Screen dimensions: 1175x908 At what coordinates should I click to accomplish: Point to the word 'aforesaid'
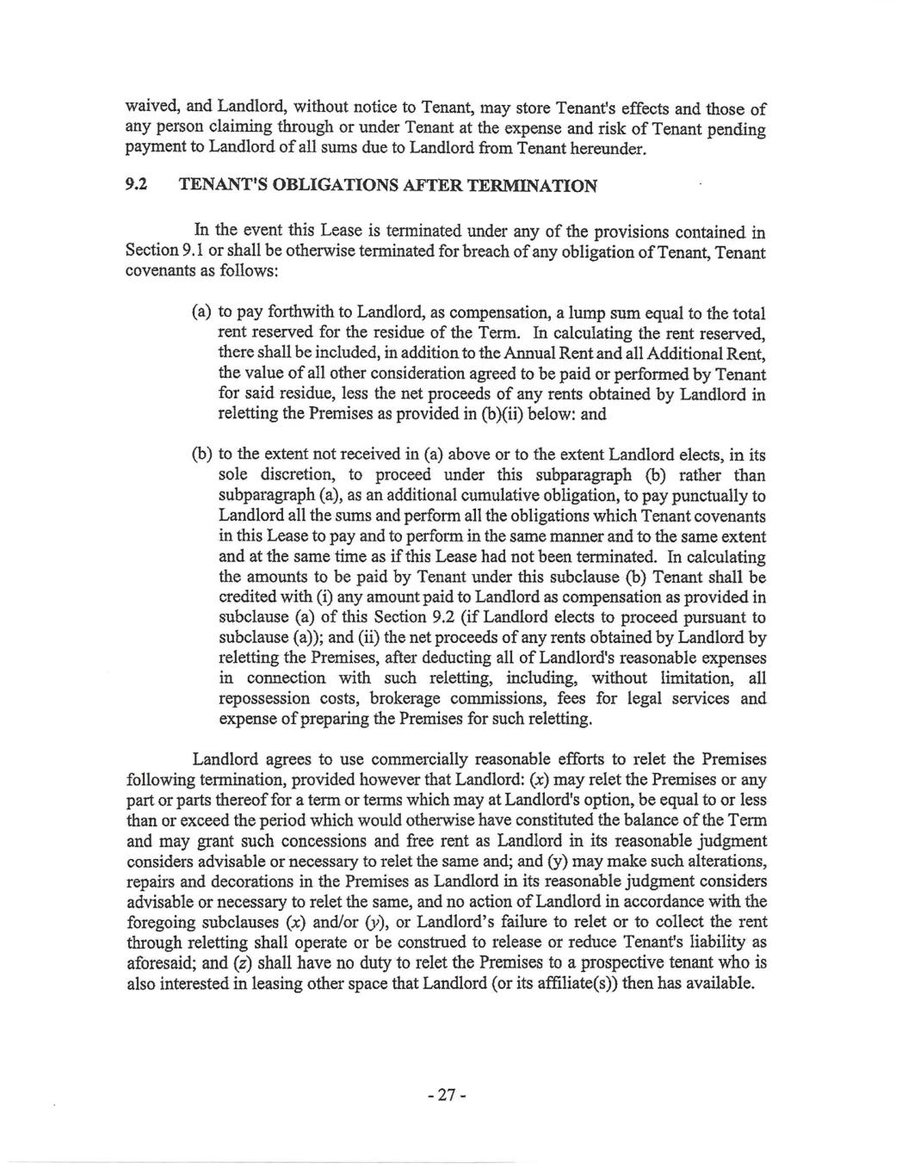coord(162,964)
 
